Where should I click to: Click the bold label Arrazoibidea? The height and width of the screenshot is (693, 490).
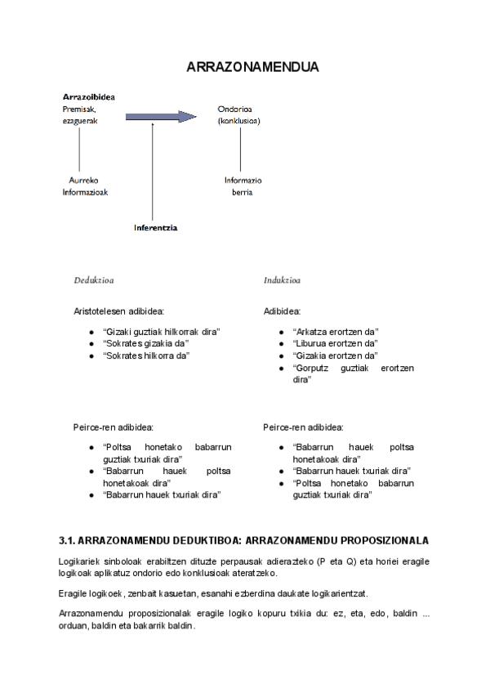(88, 96)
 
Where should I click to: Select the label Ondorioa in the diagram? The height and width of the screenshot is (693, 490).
(234, 108)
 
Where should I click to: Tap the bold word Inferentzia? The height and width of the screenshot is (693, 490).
(155, 228)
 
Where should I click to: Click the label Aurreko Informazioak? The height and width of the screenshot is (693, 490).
(85, 186)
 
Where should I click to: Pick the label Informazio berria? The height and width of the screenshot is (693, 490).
(243, 186)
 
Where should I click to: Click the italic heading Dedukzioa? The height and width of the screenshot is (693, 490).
(94, 280)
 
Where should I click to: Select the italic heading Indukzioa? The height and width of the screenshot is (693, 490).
(282, 280)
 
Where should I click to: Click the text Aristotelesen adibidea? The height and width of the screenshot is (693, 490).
(119, 311)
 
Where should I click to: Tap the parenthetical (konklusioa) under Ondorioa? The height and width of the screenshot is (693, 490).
(238, 120)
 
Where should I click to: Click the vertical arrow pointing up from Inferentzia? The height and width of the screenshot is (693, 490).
(153, 172)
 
